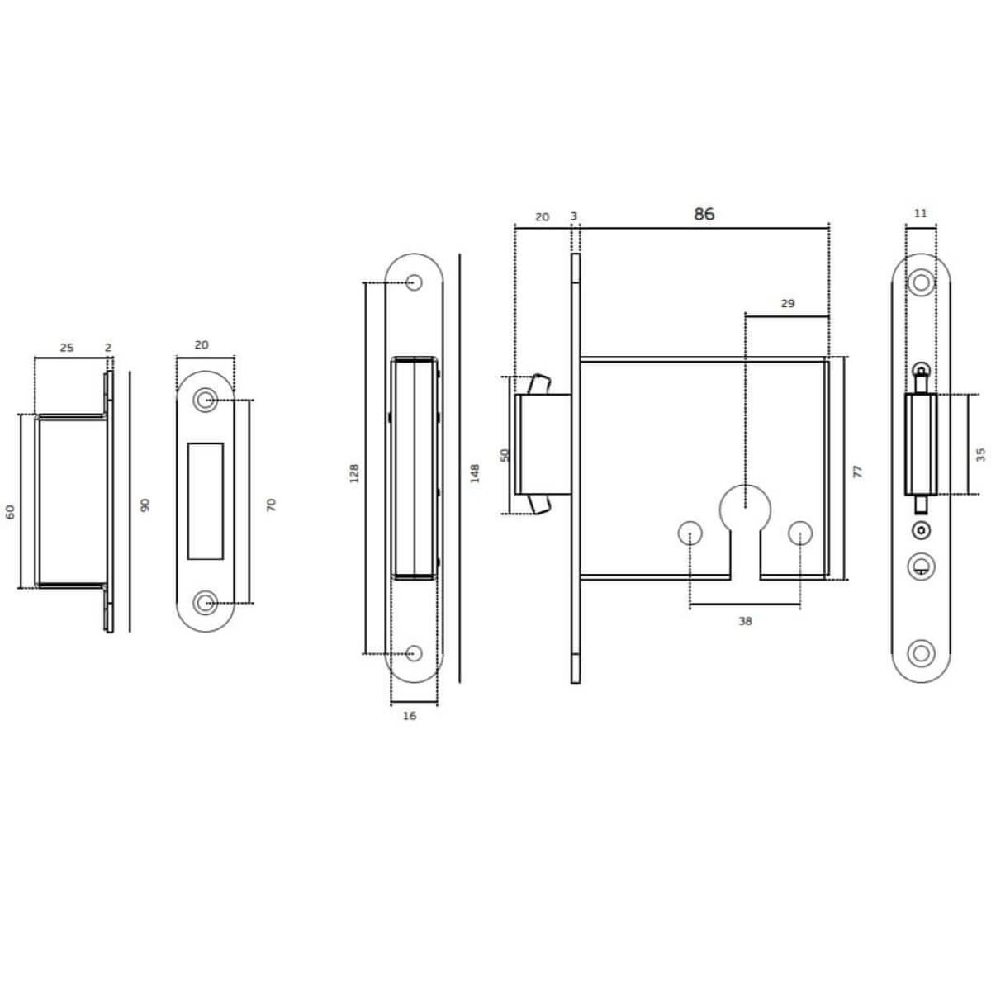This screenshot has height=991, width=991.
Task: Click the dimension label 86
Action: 704,214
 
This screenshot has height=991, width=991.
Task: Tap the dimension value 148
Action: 475,473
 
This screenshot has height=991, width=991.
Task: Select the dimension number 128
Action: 353,473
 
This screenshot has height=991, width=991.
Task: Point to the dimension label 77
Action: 857,472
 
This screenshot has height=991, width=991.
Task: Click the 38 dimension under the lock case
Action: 745,621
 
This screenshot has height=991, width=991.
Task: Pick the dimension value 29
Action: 788,303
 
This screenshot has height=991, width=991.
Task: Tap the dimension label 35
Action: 980,454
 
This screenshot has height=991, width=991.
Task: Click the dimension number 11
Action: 921,213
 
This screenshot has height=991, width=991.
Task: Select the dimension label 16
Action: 410,716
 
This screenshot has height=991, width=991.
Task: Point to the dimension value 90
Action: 145,505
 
